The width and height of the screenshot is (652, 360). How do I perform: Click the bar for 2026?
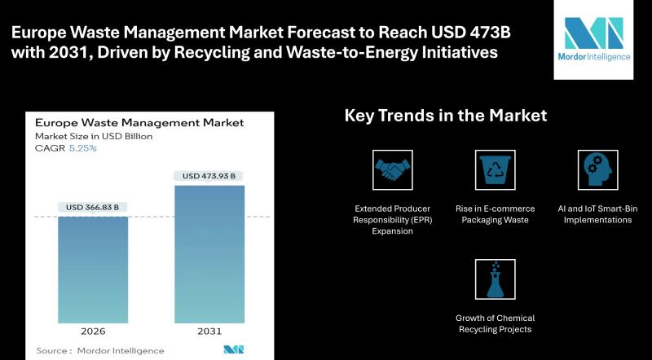tap(93, 270)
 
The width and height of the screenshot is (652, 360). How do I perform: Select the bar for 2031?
tap(209, 254)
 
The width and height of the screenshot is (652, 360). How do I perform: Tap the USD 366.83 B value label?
tap(92, 207)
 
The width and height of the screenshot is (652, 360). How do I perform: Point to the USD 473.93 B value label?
tap(209, 176)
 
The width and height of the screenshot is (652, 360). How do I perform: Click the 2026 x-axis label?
tap(93, 331)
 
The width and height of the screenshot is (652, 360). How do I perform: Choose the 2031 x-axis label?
tap(209, 331)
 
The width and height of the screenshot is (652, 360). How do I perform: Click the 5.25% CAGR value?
tap(83, 148)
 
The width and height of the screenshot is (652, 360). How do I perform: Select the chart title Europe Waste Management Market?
tap(139, 123)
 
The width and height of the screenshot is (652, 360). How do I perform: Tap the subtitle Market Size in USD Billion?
tap(94, 136)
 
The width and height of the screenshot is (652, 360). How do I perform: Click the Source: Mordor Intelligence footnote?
tap(99, 350)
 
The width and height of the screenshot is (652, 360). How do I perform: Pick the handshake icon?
tap(393, 170)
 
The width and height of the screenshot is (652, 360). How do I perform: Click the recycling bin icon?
tap(495, 170)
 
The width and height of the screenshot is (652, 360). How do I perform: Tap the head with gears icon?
tap(597, 170)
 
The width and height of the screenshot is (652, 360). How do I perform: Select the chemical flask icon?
tap(495, 279)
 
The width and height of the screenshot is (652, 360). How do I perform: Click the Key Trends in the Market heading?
tap(446, 115)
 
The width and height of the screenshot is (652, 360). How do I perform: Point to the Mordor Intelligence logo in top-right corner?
tap(594, 39)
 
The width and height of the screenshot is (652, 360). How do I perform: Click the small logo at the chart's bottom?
tap(234, 349)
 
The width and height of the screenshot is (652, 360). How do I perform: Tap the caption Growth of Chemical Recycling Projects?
tap(495, 323)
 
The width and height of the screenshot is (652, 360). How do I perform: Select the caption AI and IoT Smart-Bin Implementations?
tap(597, 214)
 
